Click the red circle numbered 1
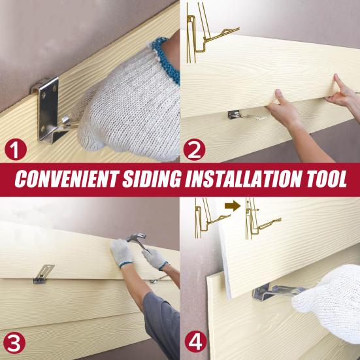[x=16, y=150]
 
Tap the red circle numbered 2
[x=194, y=150]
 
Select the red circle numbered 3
[x=14, y=343]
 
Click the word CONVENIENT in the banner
[x=67, y=179]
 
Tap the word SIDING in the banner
[x=152, y=179]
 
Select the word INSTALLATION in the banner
[x=246, y=179]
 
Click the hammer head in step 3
[x=137, y=237]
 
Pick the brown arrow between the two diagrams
[x=233, y=206]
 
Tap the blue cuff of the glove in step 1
[x=167, y=59]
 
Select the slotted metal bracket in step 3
[x=44, y=274]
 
